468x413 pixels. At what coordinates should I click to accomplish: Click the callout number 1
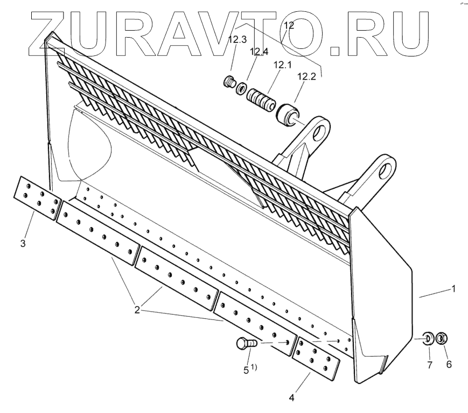tap(453, 289)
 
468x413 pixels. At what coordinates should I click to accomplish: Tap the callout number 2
tap(138, 310)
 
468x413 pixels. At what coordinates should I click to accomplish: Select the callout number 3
tap(23, 244)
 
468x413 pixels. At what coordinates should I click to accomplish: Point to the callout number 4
tap(291, 398)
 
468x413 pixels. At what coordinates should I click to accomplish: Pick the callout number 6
tap(448, 365)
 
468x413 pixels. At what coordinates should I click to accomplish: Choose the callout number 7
tap(429, 365)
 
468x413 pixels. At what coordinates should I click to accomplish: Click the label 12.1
tap(281, 66)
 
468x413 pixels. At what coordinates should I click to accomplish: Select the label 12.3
tap(237, 39)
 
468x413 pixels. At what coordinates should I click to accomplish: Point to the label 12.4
tap(259, 52)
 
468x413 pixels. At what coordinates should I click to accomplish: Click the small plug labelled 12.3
tap(229, 83)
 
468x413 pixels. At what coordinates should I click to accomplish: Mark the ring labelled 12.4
tap(242, 88)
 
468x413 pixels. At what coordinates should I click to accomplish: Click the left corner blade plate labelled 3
tap(36, 197)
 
